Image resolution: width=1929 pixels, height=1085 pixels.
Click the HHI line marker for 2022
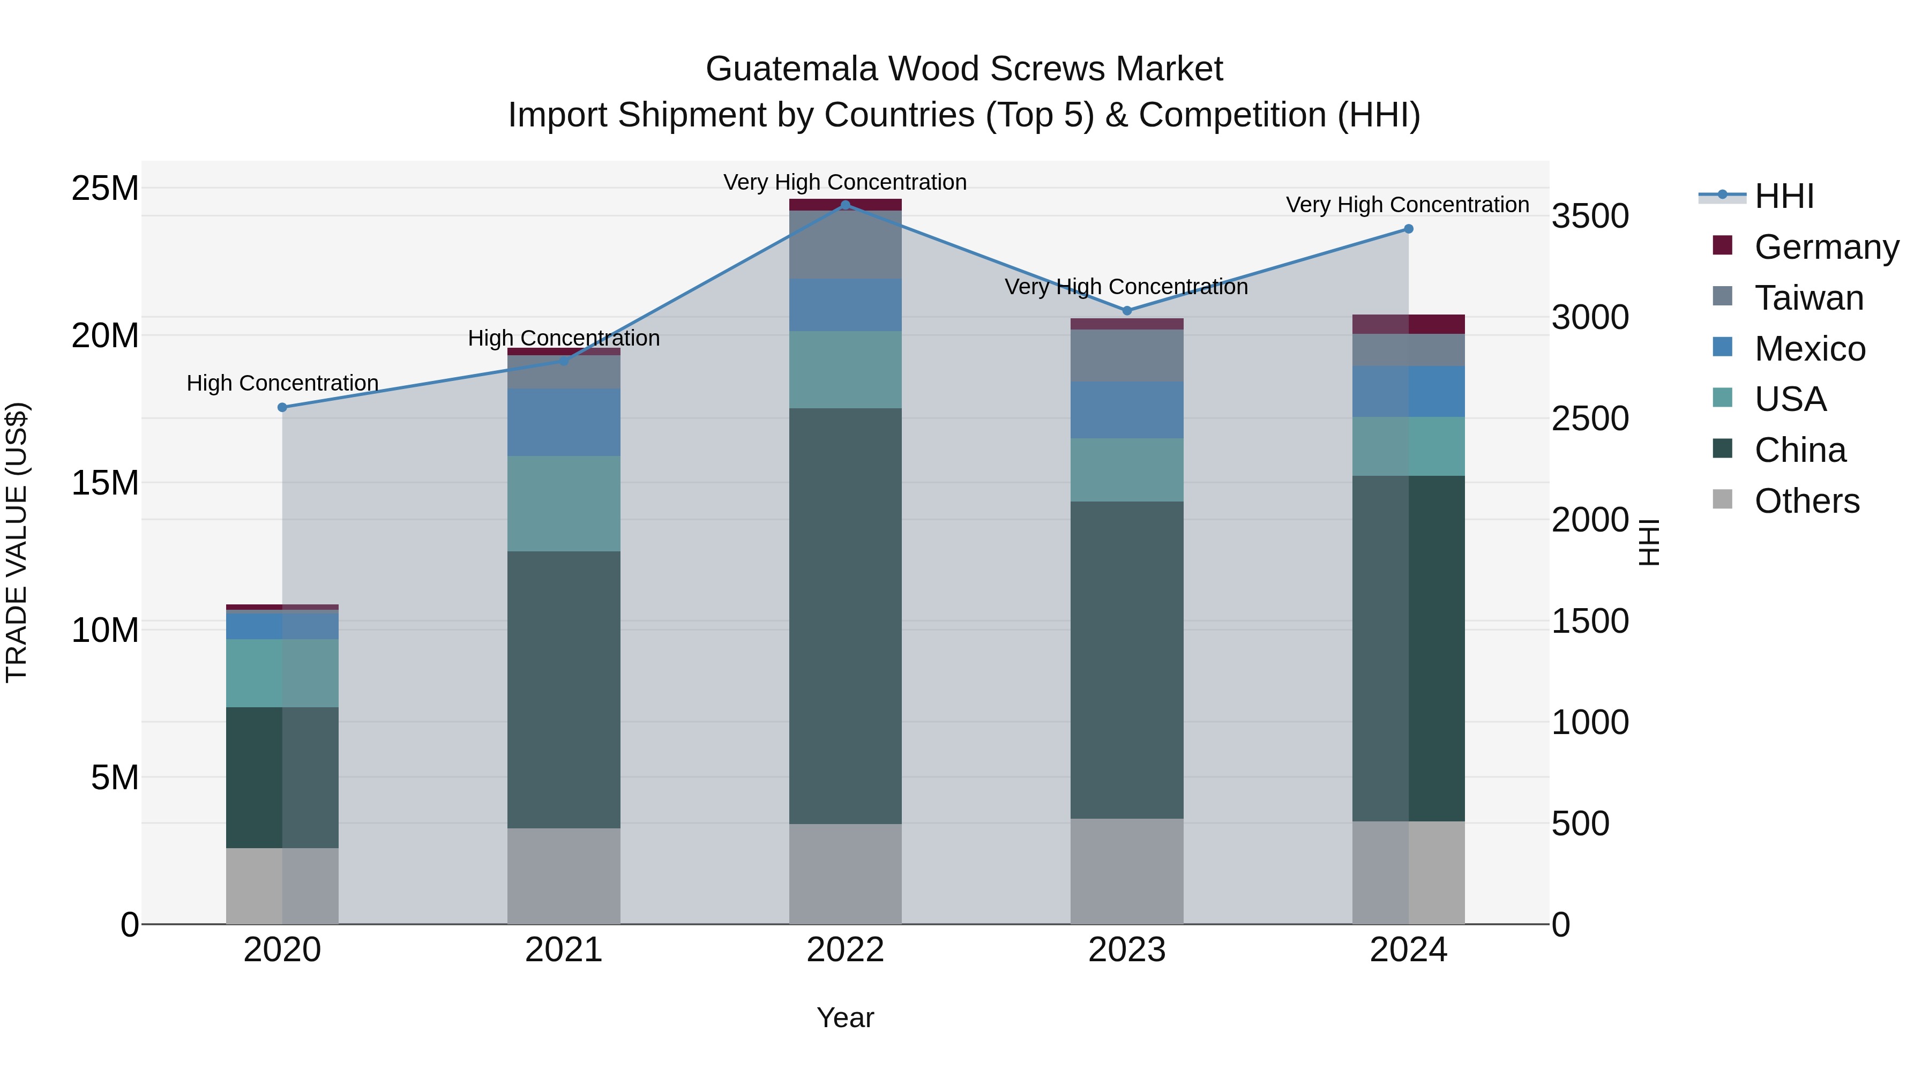[x=846, y=205]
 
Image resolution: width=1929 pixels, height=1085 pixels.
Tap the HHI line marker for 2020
[x=282, y=407]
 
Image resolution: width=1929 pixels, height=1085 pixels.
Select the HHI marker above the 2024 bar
[x=1409, y=229]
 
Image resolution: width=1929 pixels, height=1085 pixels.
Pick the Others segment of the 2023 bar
[x=1127, y=870]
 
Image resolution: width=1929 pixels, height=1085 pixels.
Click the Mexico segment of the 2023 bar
[x=1127, y=409]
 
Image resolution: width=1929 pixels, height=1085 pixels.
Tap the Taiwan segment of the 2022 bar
[x=846, y=245]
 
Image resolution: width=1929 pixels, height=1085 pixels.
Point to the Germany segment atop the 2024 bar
[x=1409, y=324]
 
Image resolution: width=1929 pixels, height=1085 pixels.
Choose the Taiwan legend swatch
[x=1722, y=296]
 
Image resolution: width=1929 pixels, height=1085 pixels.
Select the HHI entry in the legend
[x=1784, y=196]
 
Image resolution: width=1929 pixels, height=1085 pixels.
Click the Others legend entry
[x=1806, y=501]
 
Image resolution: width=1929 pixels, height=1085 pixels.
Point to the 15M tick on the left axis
[x=105, y=483]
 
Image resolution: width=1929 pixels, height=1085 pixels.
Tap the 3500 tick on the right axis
[x=1590, y=216]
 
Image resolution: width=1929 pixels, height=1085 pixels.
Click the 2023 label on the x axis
[x=1127, y=950]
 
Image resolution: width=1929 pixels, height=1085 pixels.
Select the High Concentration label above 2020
[x=282, y=384]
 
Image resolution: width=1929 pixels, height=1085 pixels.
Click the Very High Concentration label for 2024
[x=1407, y=205]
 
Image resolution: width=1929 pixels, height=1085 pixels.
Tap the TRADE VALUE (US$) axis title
[x=17, y=542]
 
